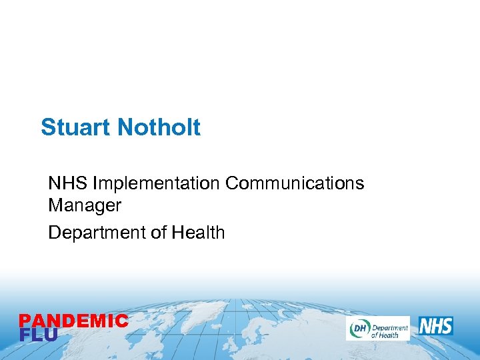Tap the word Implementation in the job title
157,183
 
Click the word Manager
85,205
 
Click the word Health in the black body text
198,233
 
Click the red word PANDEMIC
73,321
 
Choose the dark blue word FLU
38,335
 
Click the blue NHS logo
435,327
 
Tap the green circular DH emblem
358,328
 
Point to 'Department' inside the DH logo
389,325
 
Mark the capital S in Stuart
48,127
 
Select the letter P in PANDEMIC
25,321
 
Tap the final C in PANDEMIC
121,321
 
